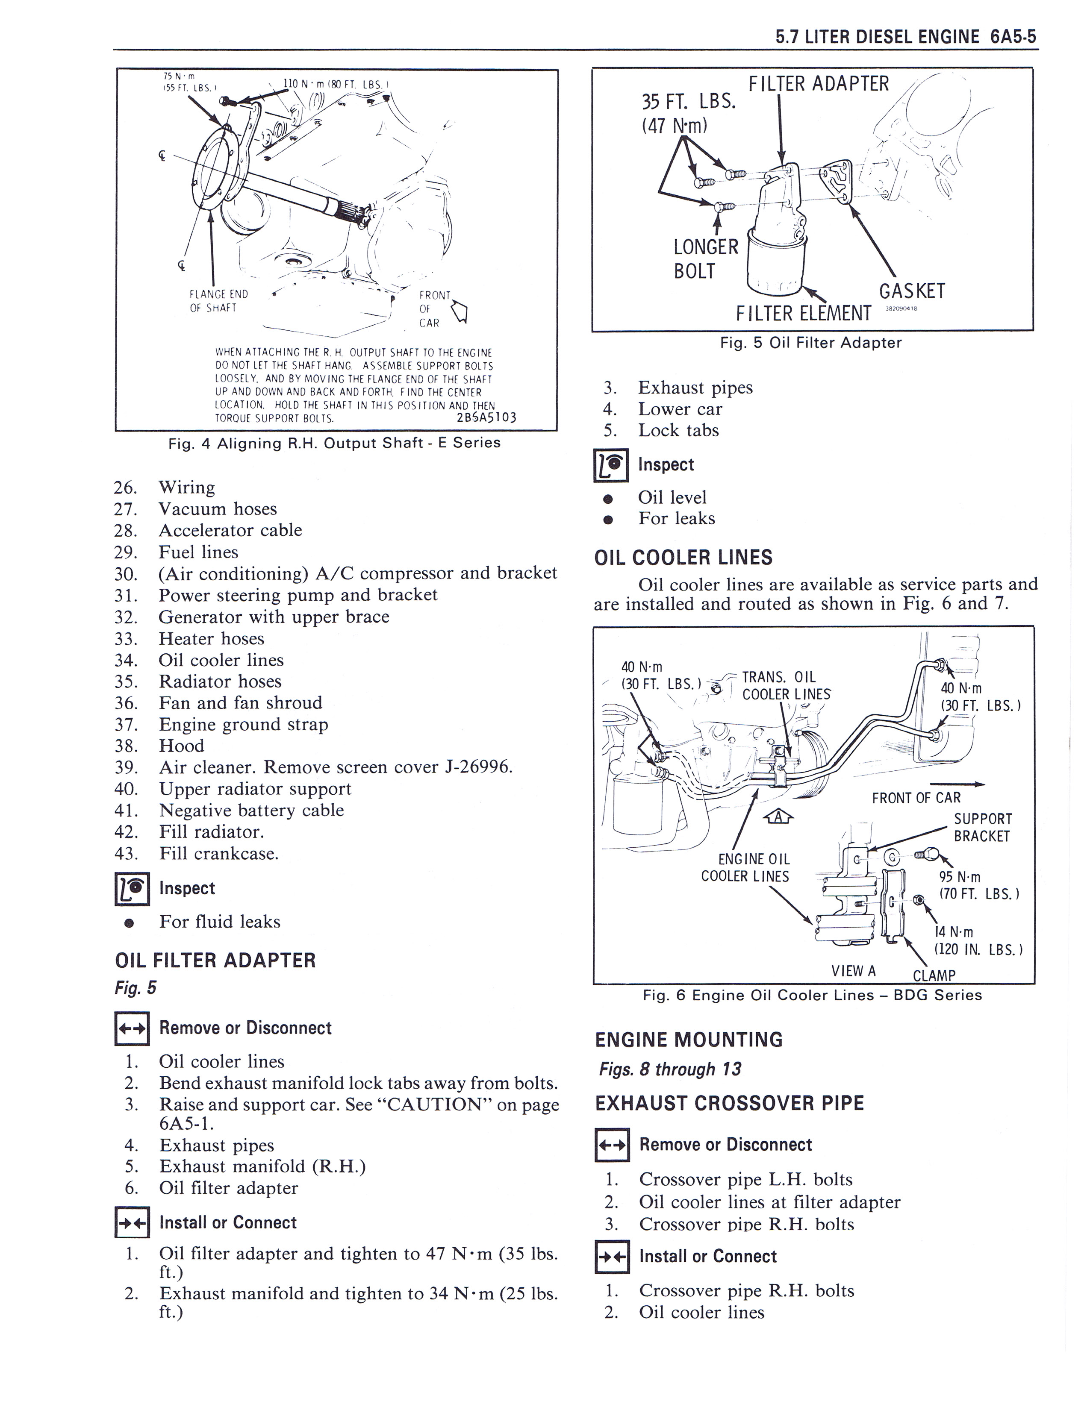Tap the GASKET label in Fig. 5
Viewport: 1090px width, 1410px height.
[x=911, y=291]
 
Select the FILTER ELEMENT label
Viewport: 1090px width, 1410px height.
[x=803, y=314]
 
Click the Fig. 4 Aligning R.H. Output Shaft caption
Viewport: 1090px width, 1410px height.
[x=334, y=443]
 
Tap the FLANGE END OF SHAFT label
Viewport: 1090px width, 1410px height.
[x=218, y=301]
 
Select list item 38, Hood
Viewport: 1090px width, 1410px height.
[x=181, y=746]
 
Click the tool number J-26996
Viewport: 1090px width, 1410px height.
[x=477, y=767]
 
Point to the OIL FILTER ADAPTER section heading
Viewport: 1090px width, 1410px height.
[x=215, y=961]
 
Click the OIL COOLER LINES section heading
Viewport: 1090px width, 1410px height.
[x=683, y=558]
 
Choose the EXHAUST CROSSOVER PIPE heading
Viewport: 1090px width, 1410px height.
[x=729, y=1103]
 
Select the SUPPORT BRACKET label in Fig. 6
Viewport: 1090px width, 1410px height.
[x=983, y=827]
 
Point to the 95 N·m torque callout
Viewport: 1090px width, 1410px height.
[x=960, y=877]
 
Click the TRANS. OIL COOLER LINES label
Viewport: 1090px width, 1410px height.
[x=785, y=686]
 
